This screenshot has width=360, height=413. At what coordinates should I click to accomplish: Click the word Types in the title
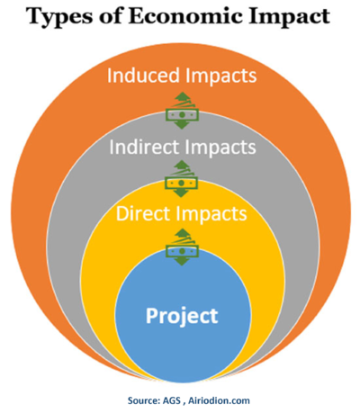pyautogui.click(x=60, y=16)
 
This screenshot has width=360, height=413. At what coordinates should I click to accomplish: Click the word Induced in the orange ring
pyautogui.click(x=143, y=75)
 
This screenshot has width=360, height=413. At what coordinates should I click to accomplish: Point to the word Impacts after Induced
pyautogui.click(x=220, y=76)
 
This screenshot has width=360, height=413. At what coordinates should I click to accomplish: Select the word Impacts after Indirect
pyautogui.click(x=220, y=148)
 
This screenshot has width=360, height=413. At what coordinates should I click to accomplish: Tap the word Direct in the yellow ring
pyautogui.click(x=143, y=213)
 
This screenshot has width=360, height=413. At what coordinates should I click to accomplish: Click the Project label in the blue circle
pyautogui.click(x=182, y=316)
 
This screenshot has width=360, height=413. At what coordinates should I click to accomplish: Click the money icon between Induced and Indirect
pyautogui.click(x=182, y=111)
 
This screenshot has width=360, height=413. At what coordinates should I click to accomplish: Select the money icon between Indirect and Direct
pyautogui.click(x=181, y=178)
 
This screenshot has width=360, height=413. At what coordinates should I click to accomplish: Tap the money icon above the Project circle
pyautogui.click(x=182, y=247)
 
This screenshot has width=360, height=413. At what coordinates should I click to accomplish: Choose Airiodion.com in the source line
pyautogui.click(x=219, y=400)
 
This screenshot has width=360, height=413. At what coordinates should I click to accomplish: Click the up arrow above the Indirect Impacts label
pyautogui.click(x=182, y=97)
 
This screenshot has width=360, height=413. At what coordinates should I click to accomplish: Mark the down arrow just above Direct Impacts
pyautogui.click(x=181, y=193)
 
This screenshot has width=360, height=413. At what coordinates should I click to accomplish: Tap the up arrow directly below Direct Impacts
pyautogui.click(x=182, y=234)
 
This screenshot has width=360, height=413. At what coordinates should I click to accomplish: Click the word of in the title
pyautogui.click(x=112, y=15)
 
